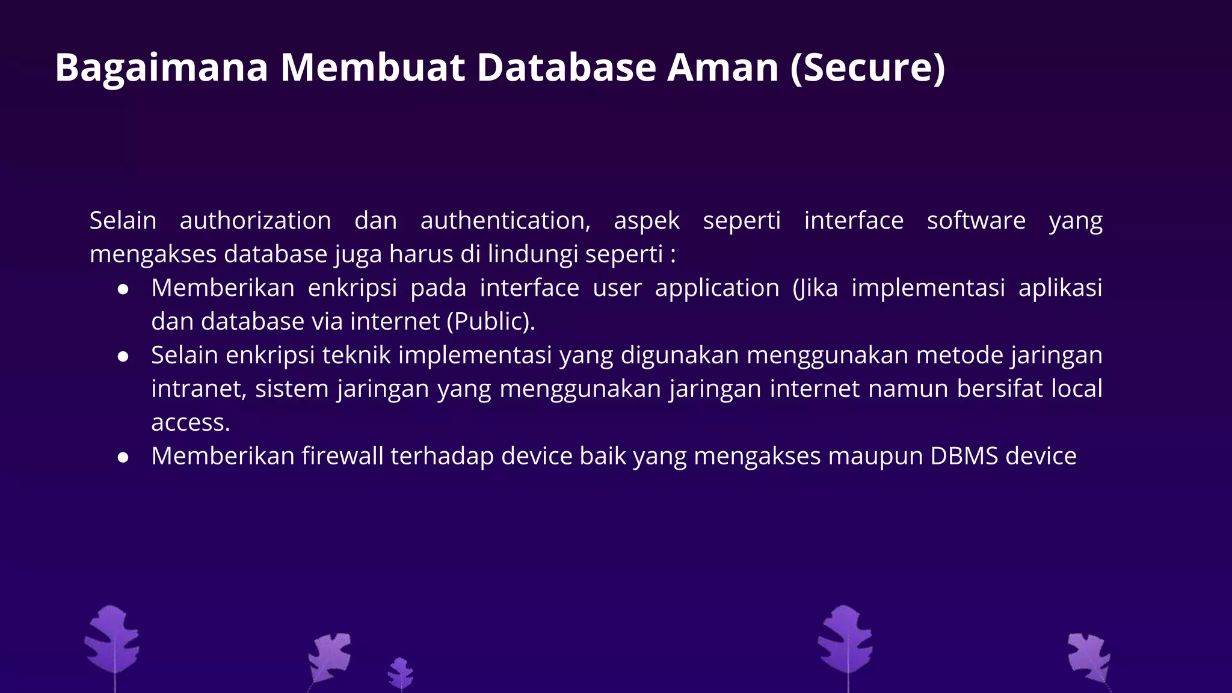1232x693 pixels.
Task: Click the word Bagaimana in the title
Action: point(161,67)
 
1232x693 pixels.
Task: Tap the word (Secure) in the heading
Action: point(868,67)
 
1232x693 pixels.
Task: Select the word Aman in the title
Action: point(723,67)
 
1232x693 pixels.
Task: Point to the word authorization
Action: point(255,221)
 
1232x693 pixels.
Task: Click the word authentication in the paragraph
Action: point(505,221)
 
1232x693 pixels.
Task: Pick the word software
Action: point(976,221)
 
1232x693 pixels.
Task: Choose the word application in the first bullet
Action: point(717,288)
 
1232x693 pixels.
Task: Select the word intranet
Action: point(198,389)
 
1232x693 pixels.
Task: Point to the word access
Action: point(189,423)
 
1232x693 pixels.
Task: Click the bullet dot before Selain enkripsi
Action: point(123,357)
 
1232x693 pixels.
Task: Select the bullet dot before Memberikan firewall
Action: point(123,458)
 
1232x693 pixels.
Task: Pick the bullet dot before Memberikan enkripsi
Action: point(123,289)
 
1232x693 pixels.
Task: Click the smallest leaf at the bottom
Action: point(401,673)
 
